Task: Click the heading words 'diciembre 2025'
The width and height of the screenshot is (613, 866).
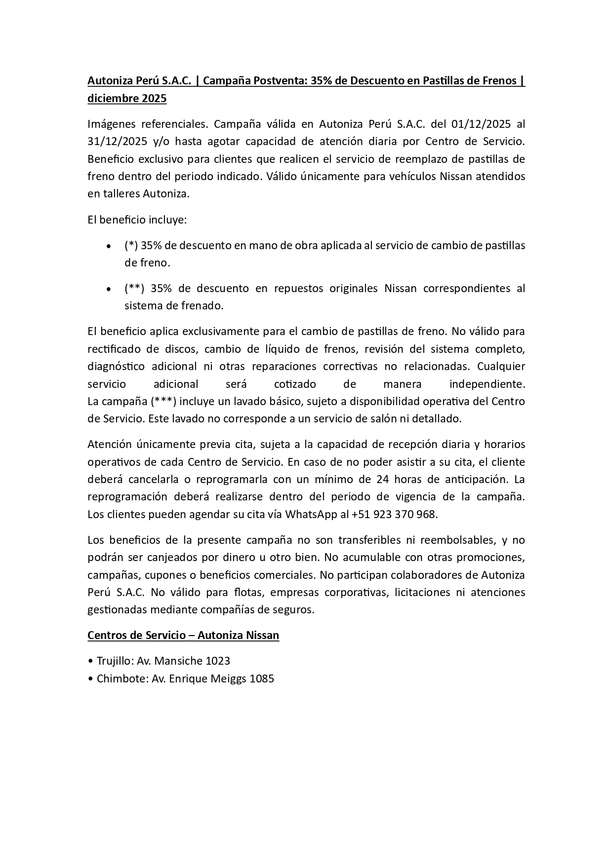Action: (127, 99)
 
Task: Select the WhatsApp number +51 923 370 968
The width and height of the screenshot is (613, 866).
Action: (394, 514)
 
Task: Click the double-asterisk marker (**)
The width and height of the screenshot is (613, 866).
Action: (134, 288)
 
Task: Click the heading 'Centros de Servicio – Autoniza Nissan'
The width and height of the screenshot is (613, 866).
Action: (183, 636)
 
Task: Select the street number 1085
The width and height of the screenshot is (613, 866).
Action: (262, 678)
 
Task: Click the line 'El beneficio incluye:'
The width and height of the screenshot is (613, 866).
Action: (137, 220)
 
